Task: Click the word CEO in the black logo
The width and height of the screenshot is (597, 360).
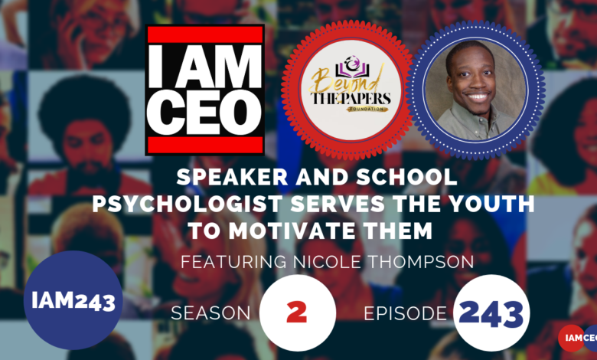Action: tap(205, 112)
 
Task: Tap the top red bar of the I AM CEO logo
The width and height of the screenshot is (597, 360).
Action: tap(205, 34)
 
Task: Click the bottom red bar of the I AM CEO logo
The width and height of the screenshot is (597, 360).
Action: tap(205, 145)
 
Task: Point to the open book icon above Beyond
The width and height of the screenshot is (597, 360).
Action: tap(350, 69)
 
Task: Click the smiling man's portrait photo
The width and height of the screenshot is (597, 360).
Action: tap(475, 90)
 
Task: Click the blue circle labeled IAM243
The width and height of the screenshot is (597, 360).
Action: tap(73, 300)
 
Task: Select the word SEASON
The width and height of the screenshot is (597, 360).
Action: tap(210, 313)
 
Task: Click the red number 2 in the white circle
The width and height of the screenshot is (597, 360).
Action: tap(297, 312)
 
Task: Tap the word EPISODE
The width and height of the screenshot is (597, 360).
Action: tap(405, 313)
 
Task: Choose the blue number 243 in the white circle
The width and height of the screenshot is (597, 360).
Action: tap(491, 313)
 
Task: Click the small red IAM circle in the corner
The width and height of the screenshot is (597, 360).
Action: tap(571, 338)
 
